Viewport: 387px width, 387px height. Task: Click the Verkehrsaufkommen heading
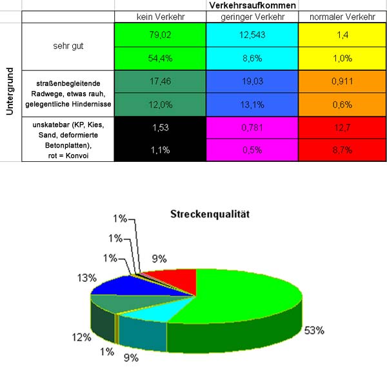point(253,5)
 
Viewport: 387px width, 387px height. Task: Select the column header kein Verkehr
point(160,16)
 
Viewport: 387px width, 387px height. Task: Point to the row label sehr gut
point(68,46)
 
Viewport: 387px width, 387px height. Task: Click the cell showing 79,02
point(160,35)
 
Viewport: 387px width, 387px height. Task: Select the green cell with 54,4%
point(160,58)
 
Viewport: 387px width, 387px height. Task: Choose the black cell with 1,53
point(160,127)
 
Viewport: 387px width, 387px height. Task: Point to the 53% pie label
point(314,330)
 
